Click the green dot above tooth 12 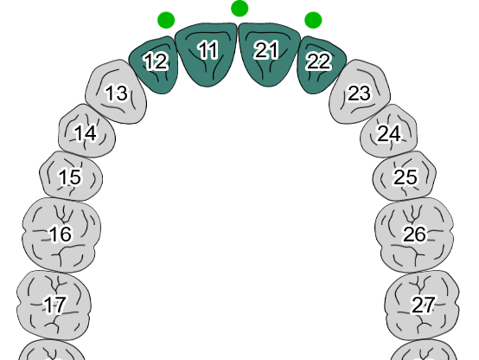pos(166,20)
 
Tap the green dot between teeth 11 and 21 pos(239,9)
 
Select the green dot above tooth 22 pos(313,20)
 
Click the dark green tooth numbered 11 pos(206,55)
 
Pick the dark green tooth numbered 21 pos(269,55)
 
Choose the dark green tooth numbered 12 pos(155,65)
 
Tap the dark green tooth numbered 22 pos(320,65)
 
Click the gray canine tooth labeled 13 pos(117,92)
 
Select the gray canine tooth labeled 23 pos(360,92)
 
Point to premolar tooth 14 pos(86,132)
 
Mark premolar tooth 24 pos(388,132)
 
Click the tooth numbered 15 pos(71,177)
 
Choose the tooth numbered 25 pos(405,177)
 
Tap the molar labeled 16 pos(61,235)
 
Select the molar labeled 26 pos(414,235)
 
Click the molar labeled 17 pos(54,305)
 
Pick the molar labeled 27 pos(422,305)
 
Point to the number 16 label pos(61,234)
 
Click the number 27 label pos(423,305)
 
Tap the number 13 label pos(117,93)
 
